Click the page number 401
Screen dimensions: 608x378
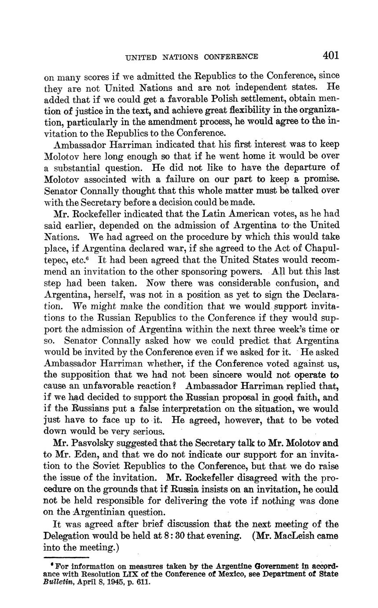[x=330, y=56]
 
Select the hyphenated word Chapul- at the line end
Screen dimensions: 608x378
[x=318, y=248]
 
